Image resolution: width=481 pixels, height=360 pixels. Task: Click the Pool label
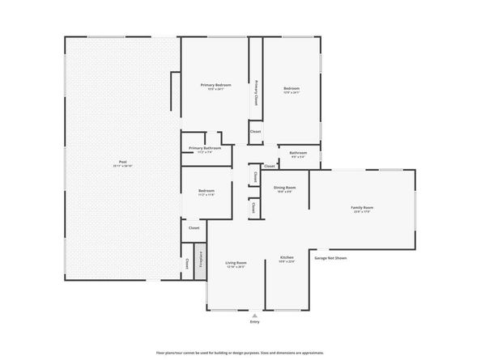coord(122,162)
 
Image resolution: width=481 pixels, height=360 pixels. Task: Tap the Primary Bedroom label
coord(216,85)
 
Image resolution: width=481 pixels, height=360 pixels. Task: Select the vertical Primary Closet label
coord(256,95)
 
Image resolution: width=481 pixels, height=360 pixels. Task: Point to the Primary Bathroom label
coord(205,148)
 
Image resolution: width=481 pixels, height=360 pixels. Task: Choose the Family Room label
coord(361,208)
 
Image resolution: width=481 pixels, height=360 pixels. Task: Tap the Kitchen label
coord(287,257)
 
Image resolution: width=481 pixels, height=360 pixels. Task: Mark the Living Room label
coord(236,262)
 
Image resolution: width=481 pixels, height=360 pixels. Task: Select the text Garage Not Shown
coord(330,258)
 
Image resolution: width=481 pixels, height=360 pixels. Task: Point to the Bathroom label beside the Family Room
coord(298,152)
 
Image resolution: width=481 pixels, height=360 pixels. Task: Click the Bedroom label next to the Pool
coord(206,191)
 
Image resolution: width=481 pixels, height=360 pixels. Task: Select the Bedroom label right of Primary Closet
coord(292,88)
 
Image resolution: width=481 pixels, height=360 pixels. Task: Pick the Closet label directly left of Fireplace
coord(188,264)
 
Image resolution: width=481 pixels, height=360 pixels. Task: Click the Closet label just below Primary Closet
coord(255,131)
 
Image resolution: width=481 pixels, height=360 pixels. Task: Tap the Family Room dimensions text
coord(361,213)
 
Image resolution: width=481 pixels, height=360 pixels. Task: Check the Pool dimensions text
coord(122,167)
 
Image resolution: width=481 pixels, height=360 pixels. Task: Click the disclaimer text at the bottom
coord(240,353)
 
